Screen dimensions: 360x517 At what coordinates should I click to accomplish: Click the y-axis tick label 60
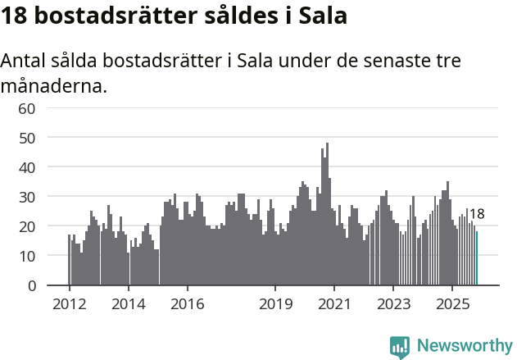(26, 108)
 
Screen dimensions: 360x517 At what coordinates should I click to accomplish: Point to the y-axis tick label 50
(26, 138)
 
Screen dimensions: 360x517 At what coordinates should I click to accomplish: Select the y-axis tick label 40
(26, 167)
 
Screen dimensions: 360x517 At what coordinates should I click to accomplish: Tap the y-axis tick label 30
(26, 197)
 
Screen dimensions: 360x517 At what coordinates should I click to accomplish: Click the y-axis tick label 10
(26, 256)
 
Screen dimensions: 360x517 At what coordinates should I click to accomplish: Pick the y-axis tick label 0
(31, 285)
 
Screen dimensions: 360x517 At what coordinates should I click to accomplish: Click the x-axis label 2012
(69, 303)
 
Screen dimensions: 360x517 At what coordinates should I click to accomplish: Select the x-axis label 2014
(128, 303)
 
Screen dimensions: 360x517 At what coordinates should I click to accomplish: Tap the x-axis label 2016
(187, 303)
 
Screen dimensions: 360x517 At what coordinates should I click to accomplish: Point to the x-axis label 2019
(275, 303)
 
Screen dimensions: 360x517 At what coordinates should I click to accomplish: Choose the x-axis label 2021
(334, 303)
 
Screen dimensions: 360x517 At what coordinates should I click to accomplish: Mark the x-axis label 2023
(393, 303)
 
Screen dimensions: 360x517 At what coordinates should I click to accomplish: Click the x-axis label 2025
(452, 303)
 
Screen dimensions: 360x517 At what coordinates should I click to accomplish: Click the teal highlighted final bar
(477, 258)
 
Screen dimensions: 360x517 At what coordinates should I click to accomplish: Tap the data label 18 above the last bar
(477, 215)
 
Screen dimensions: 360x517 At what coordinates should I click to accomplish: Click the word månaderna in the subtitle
(53, 84)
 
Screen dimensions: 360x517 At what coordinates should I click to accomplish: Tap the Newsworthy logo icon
(400, 347)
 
